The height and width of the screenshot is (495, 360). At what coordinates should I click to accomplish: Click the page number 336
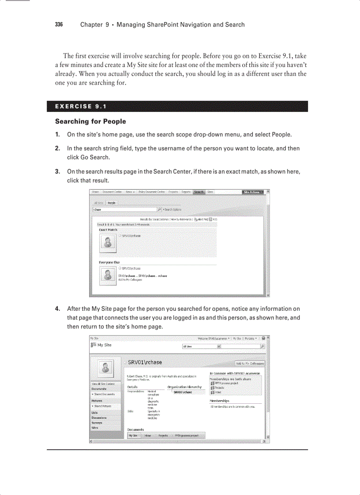click(x=59, y=25)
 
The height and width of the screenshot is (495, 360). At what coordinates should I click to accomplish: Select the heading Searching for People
click(x=90, y=121)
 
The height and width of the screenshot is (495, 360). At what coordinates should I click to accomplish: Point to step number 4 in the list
click(x=57, y=309)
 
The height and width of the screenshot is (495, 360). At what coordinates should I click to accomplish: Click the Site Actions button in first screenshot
click(x=253, y=192)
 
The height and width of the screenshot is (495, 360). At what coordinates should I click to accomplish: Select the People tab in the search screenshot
click(x=112, y=202)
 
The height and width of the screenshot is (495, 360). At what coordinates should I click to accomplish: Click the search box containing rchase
click(x=124, y=209)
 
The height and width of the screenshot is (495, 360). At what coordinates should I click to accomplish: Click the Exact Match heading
click(x=108, y=230)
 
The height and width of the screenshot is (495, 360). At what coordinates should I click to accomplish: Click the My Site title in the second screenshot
click(x=105, y=345)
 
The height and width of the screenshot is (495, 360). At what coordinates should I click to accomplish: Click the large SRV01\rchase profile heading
click(x=145, y=362)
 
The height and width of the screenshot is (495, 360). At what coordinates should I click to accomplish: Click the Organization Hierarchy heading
click(x=184, y=387)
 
